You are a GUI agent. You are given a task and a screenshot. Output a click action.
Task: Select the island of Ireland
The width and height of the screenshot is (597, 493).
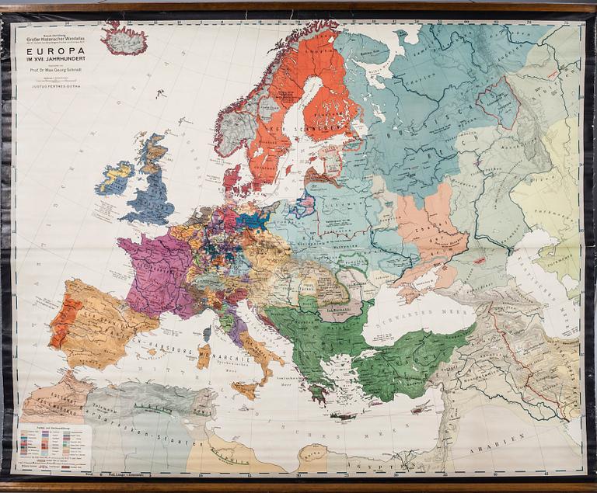click(113, 178)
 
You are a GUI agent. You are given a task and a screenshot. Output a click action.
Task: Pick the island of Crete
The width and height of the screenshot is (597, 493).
click(343, 417)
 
